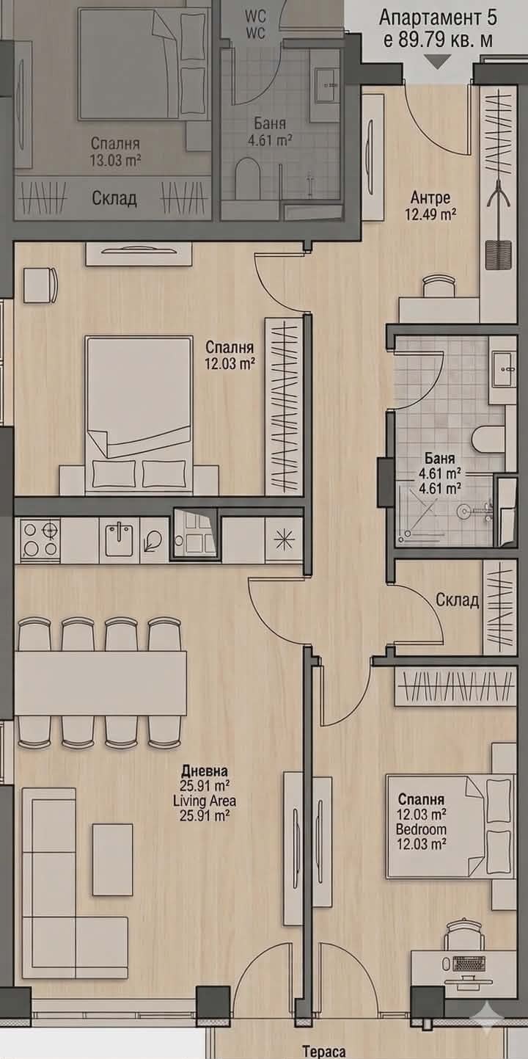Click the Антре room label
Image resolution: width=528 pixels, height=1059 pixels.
[430, 197]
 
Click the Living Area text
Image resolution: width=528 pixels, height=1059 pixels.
[205, 801]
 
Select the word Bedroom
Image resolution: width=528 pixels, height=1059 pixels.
[421, 829]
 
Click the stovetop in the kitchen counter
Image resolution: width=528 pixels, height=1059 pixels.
[40, 540]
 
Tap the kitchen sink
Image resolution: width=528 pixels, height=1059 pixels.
[120, 539]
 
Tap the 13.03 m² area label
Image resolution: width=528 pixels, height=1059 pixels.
[116, 160]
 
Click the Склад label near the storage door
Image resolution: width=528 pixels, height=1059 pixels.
[457, 600]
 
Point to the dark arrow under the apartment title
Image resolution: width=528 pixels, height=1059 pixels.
[438, 62]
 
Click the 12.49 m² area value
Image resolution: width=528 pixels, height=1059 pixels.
[430, 214]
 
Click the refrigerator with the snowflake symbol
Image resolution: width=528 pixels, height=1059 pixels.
[284, 540]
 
